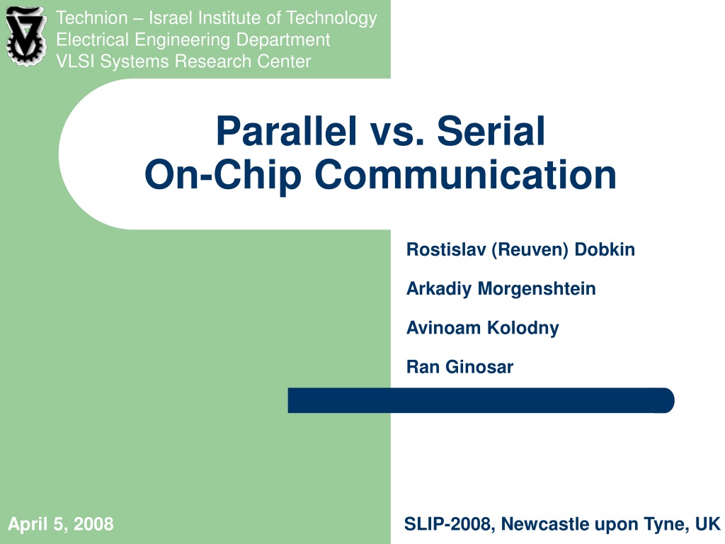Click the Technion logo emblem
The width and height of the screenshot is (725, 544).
(x=26, y=36)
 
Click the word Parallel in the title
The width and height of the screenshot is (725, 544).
(x=287, y=131)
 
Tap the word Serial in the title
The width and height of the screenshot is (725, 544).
(x=491, y=131)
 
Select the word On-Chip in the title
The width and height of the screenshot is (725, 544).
(x=223, y=176)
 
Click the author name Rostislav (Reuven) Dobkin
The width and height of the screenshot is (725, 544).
(x=520, y=250)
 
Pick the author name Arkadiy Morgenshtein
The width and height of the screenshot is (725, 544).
(x=501, y=289)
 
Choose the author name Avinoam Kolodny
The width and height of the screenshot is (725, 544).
(x=483, y=328)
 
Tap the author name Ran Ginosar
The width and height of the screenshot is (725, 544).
(x=460, y=367)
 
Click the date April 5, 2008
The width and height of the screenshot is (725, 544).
(x=61, y=524)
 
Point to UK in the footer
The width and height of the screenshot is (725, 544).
(x=708, y=524)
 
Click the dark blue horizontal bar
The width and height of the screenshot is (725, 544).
(x=481, y=400)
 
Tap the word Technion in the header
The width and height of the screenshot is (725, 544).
(x=91, y=18)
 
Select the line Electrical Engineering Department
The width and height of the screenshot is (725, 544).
(x=193, y=40)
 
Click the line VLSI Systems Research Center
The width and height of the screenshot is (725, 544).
(x=183, y=62)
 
